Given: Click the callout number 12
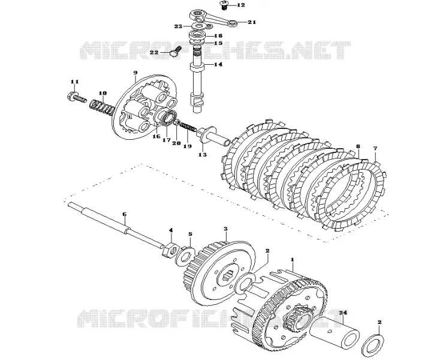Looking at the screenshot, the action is click(x=241, y=5).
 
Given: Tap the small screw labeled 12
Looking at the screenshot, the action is click(x=224, y=5).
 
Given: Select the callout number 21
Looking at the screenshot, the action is click(x=252, y=22).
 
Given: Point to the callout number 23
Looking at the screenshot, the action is click(x=178, y=26).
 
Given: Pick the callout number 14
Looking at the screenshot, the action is click(x=218, y=64).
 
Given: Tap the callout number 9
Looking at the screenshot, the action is click(x=135, y=73).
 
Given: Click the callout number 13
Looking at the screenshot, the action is click(x=203, y=154).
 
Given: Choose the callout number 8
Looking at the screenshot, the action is click(x=357, y=146).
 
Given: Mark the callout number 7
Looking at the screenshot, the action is click(x=375, y=148).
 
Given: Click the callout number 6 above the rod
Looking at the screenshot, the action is click(x=124, y=214).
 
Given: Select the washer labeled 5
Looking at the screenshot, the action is click(x=185, y=255).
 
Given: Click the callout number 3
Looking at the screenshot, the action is click(x=225, y=229).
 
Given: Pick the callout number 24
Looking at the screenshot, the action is click(x=343, y=312).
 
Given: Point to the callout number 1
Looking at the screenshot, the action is click(x=293, y=259).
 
